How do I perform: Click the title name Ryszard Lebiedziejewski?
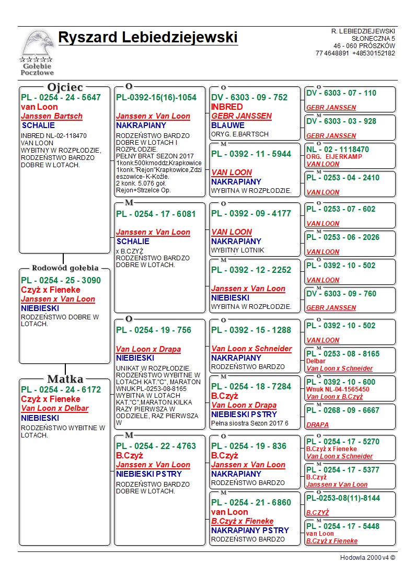point(148,38)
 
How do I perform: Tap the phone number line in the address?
point(355,53)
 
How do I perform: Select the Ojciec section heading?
point(65,87)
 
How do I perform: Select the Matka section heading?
point(65,379)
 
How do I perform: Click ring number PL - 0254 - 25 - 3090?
point(61,280)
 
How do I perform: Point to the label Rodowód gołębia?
point(65,268)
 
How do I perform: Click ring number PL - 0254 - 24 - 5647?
point(61,97)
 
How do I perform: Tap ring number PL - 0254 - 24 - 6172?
point(61,389)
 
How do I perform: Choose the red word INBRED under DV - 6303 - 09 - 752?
point(227,107)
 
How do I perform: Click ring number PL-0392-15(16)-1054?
point(156,97)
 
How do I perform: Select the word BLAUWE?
point(228,125)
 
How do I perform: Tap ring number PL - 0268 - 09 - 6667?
point(342,410)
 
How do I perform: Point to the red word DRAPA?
point(317,425)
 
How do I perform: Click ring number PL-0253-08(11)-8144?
point(343,498)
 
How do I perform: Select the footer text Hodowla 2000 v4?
point(367,558)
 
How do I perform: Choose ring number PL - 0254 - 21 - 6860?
point(251,502)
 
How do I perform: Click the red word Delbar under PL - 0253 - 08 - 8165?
point(316,361)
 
